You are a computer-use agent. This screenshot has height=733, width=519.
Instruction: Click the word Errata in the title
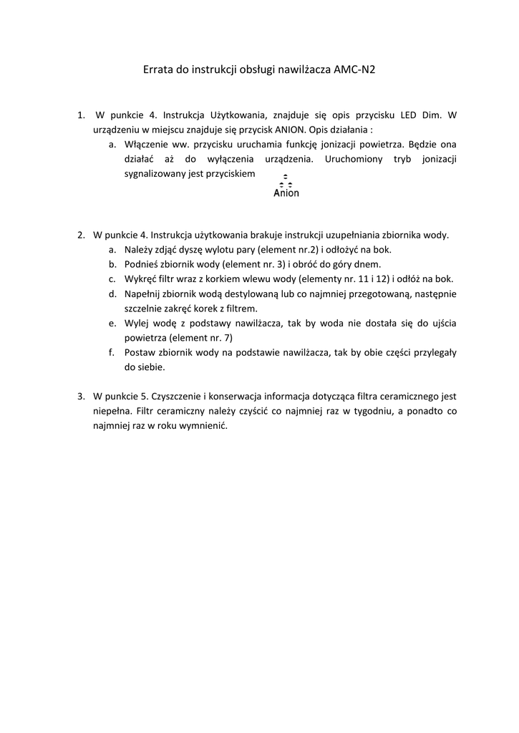click(x=159, y=69)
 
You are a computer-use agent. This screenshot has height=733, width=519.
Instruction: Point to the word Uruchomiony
click(x=354, y=158)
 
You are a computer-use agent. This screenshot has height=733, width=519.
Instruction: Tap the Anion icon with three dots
click(x=286, y=186)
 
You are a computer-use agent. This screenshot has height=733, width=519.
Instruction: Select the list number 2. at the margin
click(x=81, y=234)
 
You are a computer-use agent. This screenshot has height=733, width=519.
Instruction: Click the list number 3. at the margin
click(x=81, y=396)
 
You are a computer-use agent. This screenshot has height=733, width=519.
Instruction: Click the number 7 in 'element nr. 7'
click(x=230, y=337)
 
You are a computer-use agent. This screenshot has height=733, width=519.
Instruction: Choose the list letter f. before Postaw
click(x=112, y=352)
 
